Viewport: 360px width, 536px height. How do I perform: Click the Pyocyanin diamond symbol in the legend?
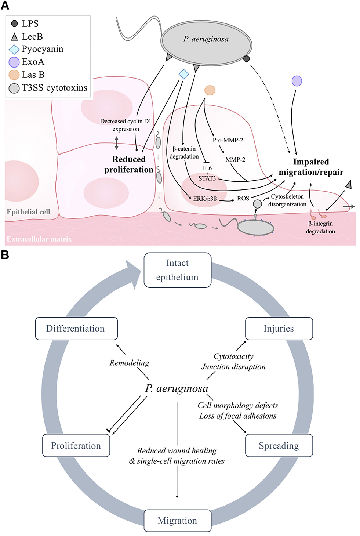14,49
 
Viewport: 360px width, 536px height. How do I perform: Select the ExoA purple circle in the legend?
14,62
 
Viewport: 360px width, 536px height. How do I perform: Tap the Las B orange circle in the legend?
14,75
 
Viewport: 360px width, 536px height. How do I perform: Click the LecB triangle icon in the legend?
14,37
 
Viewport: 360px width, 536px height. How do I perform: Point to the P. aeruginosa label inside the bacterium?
206,39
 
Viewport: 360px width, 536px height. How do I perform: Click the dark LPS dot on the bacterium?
247,58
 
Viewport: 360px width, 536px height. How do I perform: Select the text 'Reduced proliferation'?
129,164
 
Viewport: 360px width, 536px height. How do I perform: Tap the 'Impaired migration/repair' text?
311,167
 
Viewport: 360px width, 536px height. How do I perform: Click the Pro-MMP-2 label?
228,140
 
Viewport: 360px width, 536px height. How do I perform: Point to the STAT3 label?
207,178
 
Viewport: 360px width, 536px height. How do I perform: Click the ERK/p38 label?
205,199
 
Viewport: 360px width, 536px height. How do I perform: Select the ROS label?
243,198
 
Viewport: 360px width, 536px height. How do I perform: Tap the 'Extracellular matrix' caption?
39,239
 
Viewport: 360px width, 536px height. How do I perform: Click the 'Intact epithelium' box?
177,270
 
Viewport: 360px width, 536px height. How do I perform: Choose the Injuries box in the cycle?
279,329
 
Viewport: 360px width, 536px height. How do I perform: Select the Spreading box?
279,446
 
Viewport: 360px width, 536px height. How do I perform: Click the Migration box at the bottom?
177,521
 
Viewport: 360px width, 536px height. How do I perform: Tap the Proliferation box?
76,446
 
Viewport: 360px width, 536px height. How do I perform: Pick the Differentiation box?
76,329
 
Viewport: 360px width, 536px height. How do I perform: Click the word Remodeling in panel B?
129,363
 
